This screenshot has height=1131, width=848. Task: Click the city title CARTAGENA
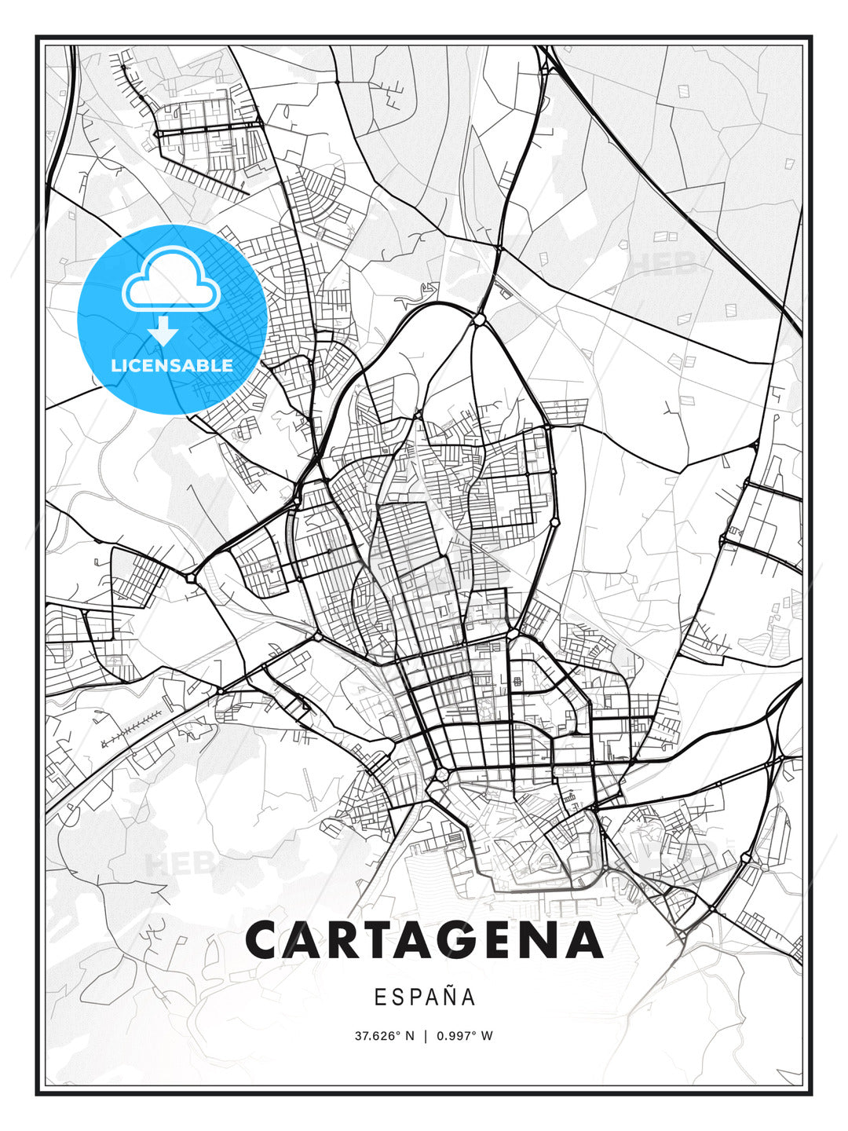click(424, 940)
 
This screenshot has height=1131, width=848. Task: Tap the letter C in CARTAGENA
click(266, 940)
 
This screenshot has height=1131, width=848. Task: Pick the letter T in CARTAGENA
click(384, 940)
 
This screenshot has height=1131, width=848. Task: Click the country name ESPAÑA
click(424, 997)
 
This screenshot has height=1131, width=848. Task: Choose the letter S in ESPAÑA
click(397, 997)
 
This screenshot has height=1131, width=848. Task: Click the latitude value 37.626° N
click(384, 1036)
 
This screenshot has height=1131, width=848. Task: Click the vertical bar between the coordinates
click(425, 1036)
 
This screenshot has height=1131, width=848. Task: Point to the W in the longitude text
click(488, 1036)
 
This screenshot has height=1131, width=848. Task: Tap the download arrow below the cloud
click(163, 331)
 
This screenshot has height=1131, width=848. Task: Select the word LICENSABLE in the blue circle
click(172, 365)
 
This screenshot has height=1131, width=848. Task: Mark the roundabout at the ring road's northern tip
click(478, 320)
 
